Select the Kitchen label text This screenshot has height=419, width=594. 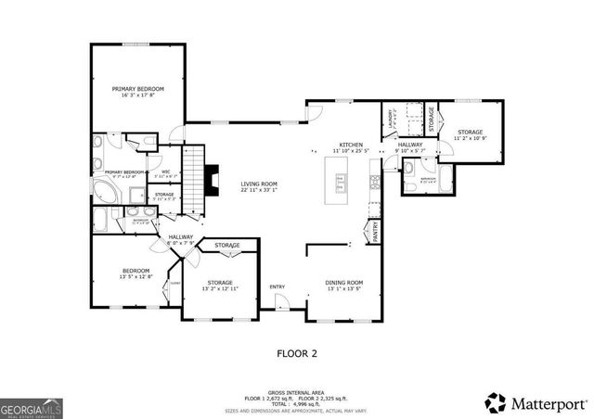click(x=350, y=147)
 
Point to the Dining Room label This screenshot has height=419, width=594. click(x=343, y=286)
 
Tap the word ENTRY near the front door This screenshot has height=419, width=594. click(x=277, y=286)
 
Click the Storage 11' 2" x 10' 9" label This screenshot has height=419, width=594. click(x=470, y=137)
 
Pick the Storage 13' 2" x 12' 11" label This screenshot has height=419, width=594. click(x=220, y=286)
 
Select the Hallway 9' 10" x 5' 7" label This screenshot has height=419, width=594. click(x=410, y=147)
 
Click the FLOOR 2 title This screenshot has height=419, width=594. click(x=299, y=353)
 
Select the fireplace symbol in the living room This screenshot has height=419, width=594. click(x=213, y=175)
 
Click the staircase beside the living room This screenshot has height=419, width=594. click(x=193, y=178)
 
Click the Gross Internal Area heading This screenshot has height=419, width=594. click(x=298, y=392)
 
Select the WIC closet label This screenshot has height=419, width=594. click(x=165, y=173)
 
